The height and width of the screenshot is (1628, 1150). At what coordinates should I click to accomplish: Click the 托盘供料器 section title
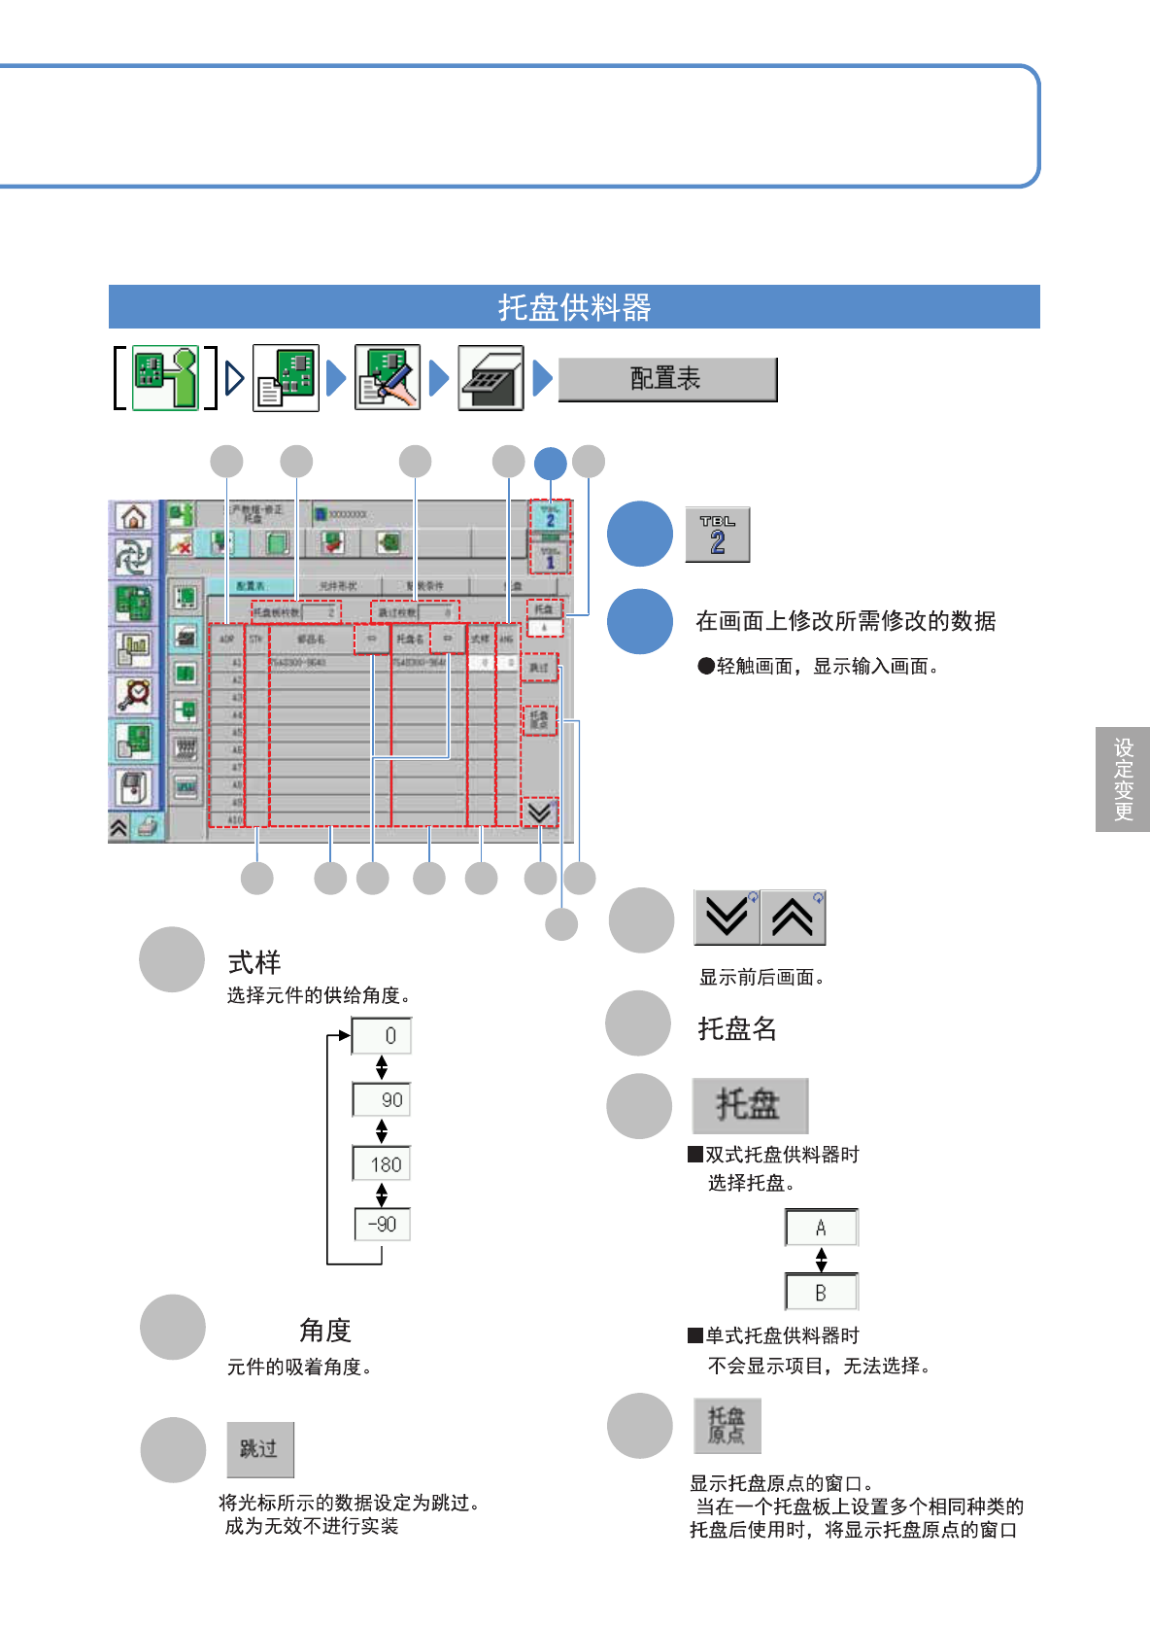coord(574,307)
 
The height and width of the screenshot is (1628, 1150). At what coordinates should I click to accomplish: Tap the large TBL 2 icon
coord(717,535)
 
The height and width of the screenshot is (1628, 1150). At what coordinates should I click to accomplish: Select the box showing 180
coord(382,1163)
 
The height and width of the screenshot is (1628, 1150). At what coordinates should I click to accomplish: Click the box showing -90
coord(382,1224)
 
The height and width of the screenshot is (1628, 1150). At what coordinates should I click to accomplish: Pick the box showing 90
coord(382,1099)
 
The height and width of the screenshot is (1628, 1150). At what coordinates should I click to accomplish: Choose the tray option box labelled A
coord(821,1228)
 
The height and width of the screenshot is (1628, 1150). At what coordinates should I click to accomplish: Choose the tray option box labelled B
coord(821,1293)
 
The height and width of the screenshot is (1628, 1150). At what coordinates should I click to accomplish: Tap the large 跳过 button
coord(260,1449)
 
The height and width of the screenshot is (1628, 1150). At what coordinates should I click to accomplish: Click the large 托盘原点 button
coord(727,1426)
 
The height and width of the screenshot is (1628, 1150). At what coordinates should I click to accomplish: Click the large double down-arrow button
coord(727,917)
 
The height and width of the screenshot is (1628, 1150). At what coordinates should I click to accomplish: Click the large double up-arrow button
coord(793,917)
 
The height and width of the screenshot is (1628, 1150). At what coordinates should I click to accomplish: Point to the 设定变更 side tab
coord(1123,779)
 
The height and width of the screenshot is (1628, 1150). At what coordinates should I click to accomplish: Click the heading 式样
coord(254,962)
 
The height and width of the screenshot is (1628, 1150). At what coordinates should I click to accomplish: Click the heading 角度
coord(324,1330)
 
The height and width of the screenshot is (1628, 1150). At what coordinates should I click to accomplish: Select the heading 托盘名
coord(737,1028)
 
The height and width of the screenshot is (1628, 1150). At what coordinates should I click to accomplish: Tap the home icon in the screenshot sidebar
coord(134,516)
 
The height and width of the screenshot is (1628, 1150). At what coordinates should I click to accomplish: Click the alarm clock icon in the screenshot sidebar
coord(134,694)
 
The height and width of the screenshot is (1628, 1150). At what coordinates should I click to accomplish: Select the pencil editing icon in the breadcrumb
coord(388,377)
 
